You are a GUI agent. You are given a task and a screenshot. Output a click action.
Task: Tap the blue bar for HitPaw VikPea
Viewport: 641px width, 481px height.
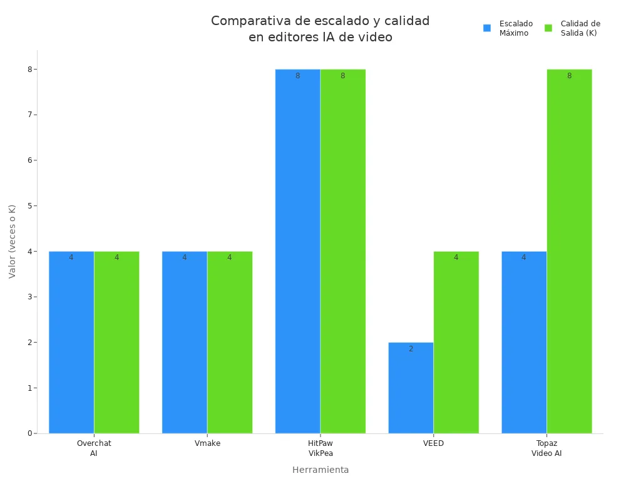(x=297, y=251)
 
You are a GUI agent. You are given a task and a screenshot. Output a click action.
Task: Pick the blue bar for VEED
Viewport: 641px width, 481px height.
(x=411, y=388)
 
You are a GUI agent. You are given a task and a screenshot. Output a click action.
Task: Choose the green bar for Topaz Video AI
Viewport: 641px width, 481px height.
(x=569, y=251)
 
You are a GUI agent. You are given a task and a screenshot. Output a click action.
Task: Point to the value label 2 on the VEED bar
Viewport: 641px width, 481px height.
(x=411, y=349)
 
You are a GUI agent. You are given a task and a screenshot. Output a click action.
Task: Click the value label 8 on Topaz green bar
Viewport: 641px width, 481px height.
(x=569, y=76)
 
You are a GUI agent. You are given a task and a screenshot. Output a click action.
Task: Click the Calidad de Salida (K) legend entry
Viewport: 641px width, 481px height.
(x=573, y=28)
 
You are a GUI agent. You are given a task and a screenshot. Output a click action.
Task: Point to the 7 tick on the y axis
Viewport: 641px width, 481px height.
(x=29, y=115)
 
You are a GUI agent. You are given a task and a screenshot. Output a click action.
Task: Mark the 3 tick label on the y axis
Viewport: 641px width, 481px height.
(x=29, y=297)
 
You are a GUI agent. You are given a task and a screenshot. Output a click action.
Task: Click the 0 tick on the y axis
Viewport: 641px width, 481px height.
(x=29, y=433)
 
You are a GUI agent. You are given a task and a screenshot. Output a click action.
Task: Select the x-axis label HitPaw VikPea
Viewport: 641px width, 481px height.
(x=320, y=448)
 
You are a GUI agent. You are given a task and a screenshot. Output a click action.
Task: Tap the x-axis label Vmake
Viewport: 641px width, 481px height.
(x=207, y=443)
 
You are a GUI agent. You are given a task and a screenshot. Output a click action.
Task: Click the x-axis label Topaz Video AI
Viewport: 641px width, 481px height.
(x=546, y=448)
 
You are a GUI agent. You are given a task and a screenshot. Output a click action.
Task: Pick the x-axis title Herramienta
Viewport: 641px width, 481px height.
(x=320, y=470)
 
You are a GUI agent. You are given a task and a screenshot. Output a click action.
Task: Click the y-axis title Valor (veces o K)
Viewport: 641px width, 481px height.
(x=13, y=241)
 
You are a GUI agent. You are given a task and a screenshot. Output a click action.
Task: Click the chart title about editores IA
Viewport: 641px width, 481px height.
(x=320, y=29)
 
